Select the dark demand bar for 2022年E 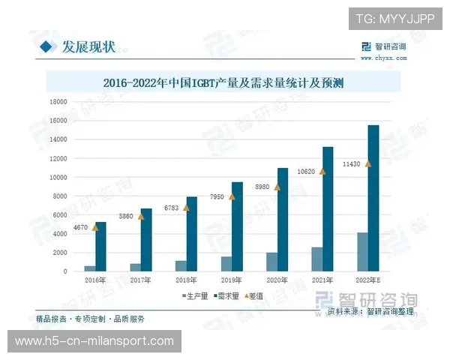[x=373, y=199]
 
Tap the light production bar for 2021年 [x=318, y=259]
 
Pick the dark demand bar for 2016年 [x=100, y=247]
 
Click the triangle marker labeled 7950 [x=232, y=196]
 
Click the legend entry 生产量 [x=196, y=296]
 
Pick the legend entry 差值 [x=256, y=296]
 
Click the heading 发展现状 [x=88, y=48]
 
